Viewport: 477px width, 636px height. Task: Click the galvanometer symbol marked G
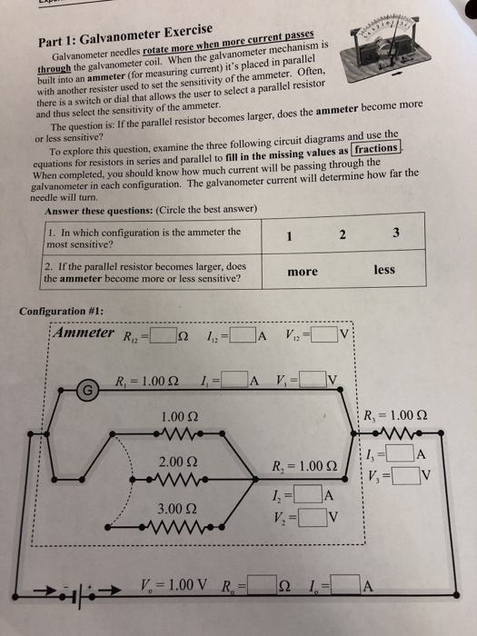[x=87, y=390]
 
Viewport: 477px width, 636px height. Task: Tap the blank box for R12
[x=164, y=336]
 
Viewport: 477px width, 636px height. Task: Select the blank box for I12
[x=243, y=335]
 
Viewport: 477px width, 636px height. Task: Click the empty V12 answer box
[x=324, y=334]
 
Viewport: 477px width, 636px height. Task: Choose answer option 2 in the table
[x=343, y=234]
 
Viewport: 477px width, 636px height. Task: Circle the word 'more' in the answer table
[x=303, y=272]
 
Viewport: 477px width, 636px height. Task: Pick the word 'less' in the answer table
[x=384, y=270]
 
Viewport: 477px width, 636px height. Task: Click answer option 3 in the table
[x=396, y=233]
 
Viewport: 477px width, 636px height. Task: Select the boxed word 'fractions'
[x=376, y=148]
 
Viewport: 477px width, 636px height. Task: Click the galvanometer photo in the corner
[x=384, y=48]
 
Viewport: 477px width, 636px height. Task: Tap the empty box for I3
[x=401, y=453]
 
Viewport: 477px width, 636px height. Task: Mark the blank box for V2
[x=313, y=517]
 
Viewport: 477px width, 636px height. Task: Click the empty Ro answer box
[x=262, y=584]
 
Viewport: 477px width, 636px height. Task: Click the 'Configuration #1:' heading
[x=61, y=311]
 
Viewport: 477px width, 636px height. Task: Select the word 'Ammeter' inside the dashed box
[x=84, y=333]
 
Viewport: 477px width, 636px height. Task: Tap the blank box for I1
[x=234, y=380]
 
